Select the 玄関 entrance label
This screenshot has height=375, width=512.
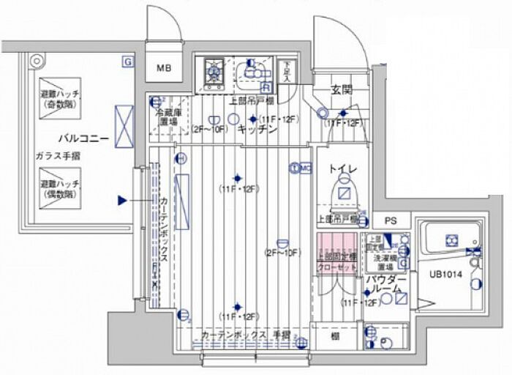[x=341, y=91]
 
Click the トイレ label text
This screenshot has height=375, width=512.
[x=342, y=170]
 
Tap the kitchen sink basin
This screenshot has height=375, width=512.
[x=252, y=72]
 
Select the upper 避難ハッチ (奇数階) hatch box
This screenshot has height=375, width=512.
[x=61, y=94]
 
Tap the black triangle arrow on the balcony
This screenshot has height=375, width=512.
[x=123, y=198]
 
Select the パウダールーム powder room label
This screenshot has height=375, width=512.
[x=386, y=284]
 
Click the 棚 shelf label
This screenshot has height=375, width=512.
[x=334, y=336]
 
